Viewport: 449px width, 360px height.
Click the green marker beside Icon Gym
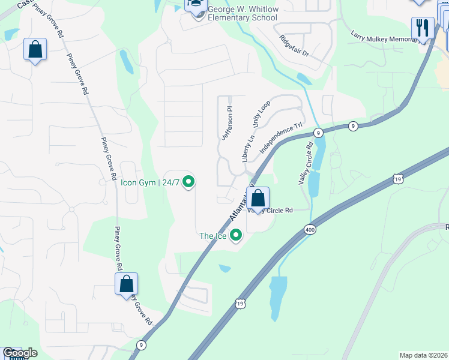pyautogui.click(x=188, y=181)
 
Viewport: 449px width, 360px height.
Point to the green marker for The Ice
pyautogui.click(x=236, y=235)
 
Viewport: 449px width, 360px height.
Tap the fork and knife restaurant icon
pyautogui.click(x=423, y=28)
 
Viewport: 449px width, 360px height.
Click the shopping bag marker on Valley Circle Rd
pyautogui.click(x=258, y=199)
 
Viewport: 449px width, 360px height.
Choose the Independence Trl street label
pyautogui.click(x=280, y=137)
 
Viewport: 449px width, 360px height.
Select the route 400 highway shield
pyautogui.click(x=310, y=229)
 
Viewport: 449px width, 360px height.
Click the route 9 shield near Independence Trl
pyautogui.click(x=318, y=133)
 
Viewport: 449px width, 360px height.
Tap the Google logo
pyautogui.click(x=20, y=353)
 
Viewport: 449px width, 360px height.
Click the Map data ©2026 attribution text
pyautogui.click(x=424, y=355)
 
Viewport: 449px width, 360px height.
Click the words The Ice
pyautogui.click(x=213, y=236)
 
